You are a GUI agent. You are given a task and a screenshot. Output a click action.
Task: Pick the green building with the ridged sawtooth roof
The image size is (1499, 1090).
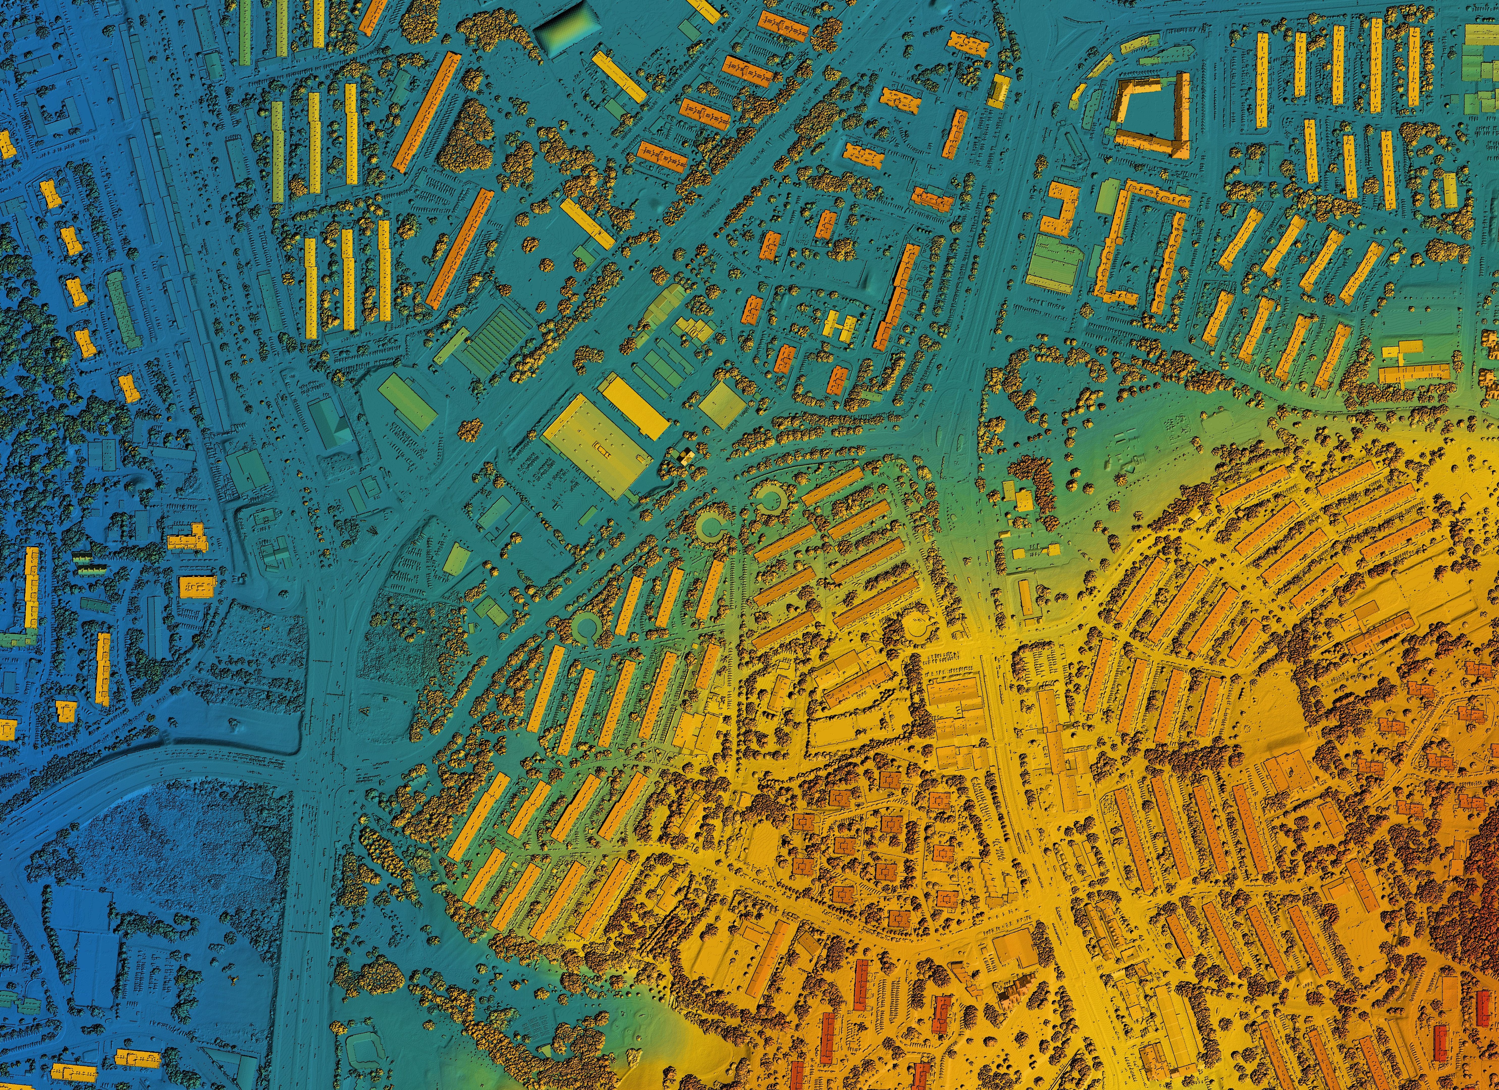coord(496,340)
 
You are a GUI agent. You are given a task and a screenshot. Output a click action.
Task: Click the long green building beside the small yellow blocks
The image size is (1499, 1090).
coord(124,309)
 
